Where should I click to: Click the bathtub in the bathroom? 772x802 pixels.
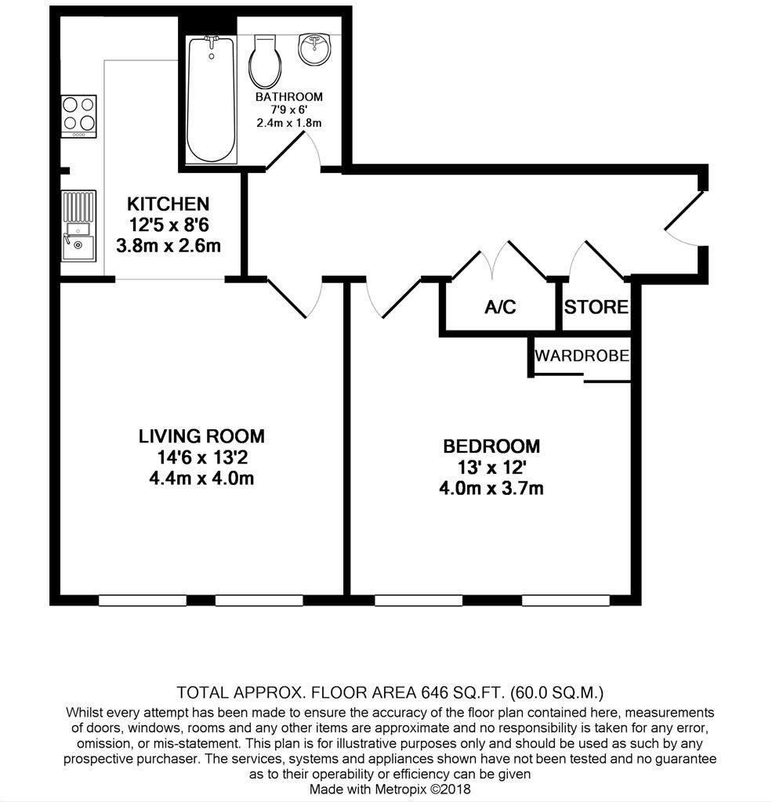[x=212, y=98]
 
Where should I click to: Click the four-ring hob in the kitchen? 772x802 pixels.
[x=78, y=115]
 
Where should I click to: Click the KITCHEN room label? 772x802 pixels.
[x=168, y=204]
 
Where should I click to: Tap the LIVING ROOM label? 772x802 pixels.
[x=201, y=436]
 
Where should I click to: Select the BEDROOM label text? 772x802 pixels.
[x=491, y=446]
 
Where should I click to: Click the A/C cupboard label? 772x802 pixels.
[x=500, y=307]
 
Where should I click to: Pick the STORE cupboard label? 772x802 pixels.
[x=596, y=307]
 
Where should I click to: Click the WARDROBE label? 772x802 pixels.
[x=582, y=356]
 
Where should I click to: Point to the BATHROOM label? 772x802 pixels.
[x=289, y=97]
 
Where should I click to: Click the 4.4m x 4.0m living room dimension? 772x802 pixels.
[x=201, y=479]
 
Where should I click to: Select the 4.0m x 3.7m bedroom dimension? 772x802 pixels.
[x=491, y=489]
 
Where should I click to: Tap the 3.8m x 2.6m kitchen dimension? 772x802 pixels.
[x=168, y=246]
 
